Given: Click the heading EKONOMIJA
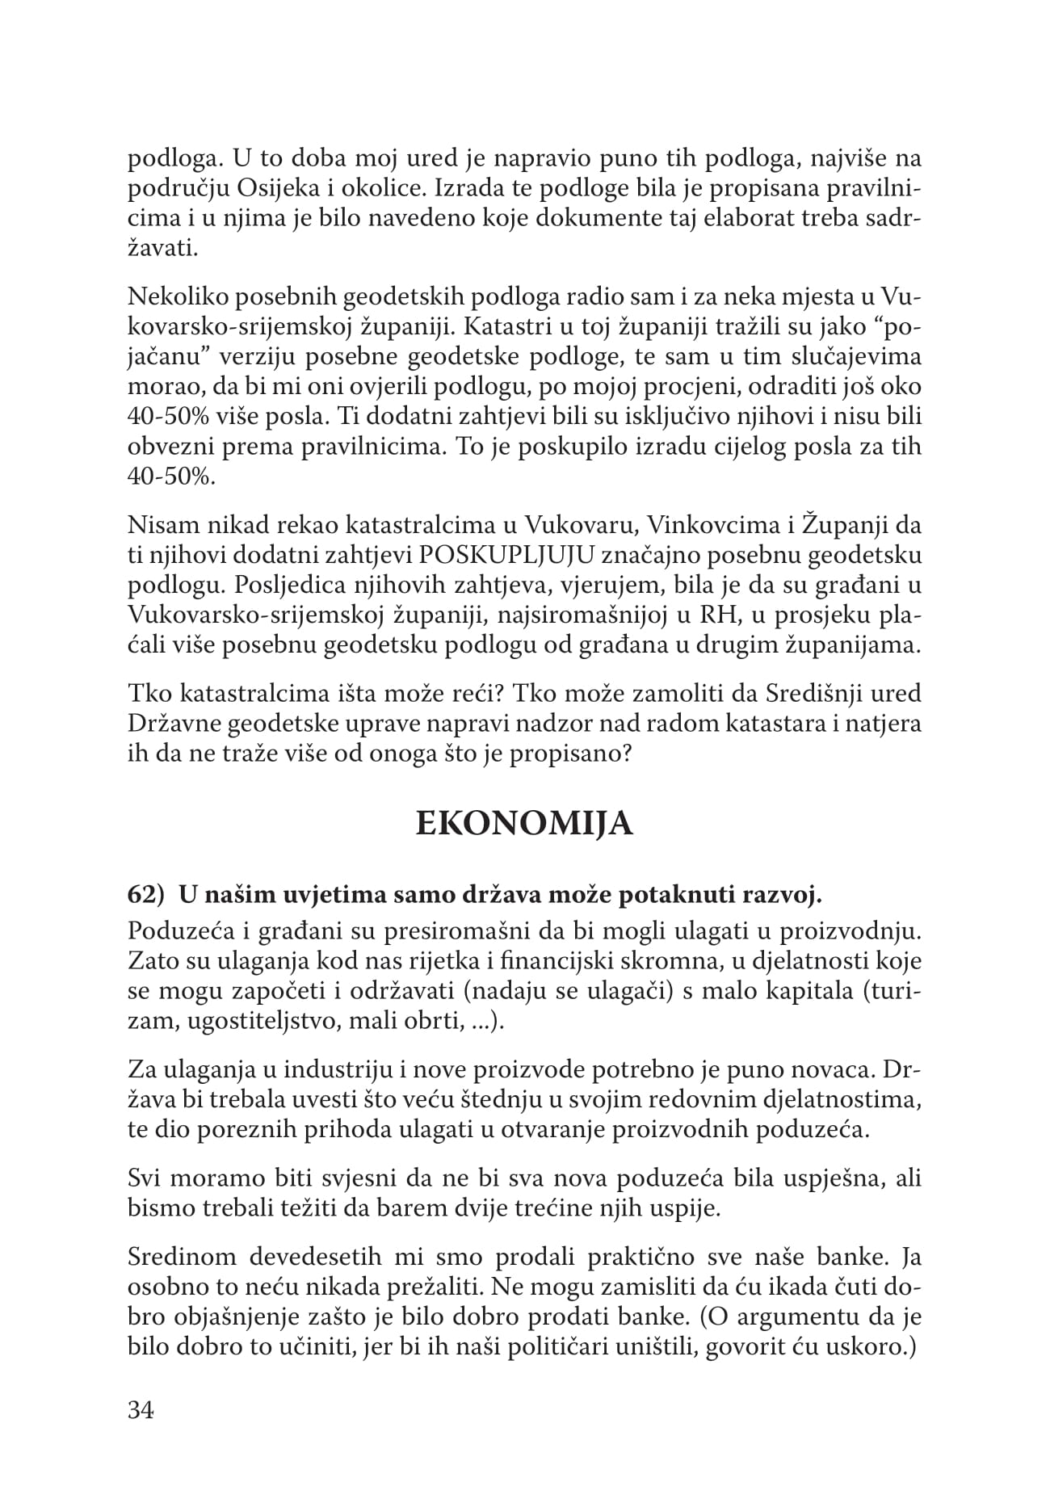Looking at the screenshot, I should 524,825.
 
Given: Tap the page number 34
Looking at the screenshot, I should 141,1410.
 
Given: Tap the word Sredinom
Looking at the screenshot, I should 182,1258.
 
